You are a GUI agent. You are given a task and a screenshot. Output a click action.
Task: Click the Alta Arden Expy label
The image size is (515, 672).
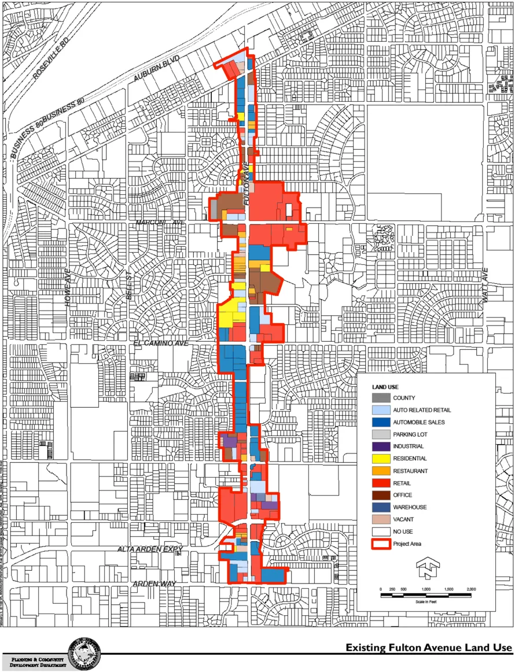(150, 548)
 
